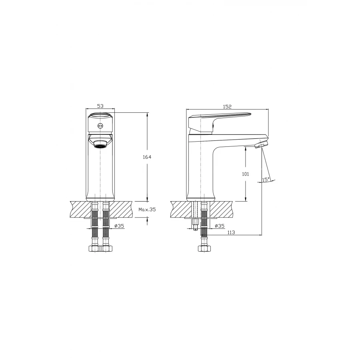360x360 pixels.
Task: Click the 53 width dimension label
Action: point(100,106)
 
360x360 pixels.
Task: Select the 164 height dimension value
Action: point(147,157)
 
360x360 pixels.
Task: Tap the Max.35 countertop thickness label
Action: point(147,209)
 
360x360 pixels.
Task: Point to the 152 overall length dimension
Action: point(227,106)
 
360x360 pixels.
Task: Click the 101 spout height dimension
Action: point(246,174)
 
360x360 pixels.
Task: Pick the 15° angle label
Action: point(266,179)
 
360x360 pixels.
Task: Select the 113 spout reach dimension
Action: point(231,232)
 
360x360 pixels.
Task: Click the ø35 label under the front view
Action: point(119,226)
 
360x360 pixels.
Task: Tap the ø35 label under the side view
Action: point(220,226)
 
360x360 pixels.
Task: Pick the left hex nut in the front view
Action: point(94,248)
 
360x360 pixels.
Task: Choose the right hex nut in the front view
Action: point(106,248)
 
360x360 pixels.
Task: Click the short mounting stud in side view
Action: point(195,226)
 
